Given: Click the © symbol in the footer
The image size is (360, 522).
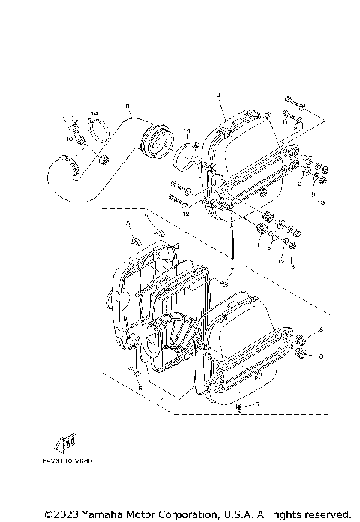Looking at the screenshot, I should pyautogui.click(x=48, y=514).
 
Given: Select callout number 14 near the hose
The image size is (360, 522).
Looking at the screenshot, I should pyautogui.click(x=94, y=113).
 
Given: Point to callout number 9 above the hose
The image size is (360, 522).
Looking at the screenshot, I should pyautogui.click(x=127, y=106).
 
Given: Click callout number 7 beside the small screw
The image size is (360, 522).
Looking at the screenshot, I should pyautogui.click(x=232, y=268).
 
